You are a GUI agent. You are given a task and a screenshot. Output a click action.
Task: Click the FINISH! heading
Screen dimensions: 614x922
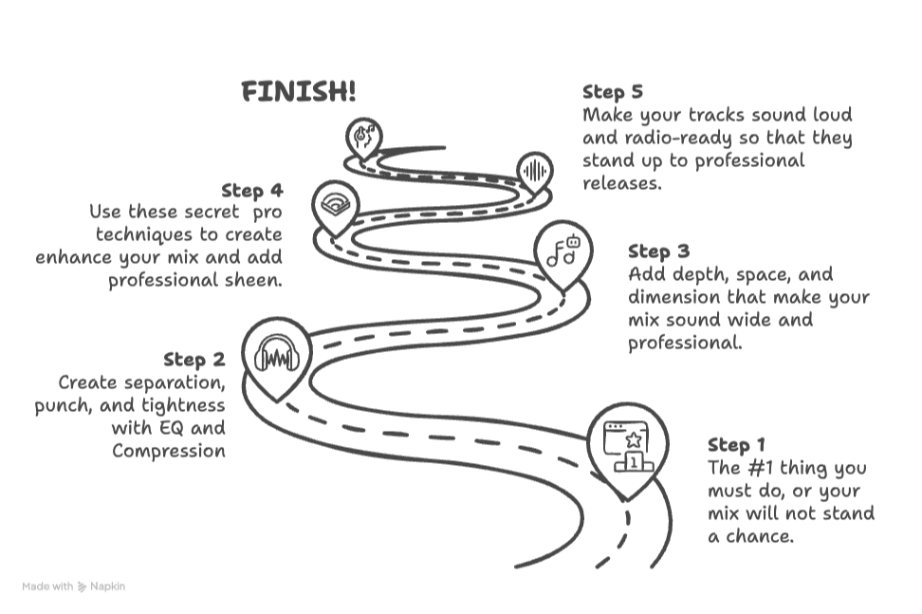(299, 92)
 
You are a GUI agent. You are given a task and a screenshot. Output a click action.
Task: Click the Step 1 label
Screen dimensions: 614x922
(736, 445)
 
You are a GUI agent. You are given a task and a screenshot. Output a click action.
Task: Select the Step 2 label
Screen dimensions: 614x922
(194, 360)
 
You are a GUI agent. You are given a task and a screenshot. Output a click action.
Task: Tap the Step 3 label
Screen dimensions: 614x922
(658, 251)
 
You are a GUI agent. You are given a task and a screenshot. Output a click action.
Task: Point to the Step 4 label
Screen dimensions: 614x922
(251, 191)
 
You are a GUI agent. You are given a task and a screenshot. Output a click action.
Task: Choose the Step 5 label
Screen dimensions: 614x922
(613, 92)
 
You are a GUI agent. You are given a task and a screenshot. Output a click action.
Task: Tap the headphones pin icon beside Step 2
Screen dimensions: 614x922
(277, 358)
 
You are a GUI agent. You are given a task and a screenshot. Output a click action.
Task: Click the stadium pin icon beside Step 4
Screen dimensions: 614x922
(334, 203)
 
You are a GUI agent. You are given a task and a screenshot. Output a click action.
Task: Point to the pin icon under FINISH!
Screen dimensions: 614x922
(362, 137)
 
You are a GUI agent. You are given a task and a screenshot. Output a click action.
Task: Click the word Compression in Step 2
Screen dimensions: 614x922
(169, 451)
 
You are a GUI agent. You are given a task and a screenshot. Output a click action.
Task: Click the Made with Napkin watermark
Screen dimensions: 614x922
(74, 586)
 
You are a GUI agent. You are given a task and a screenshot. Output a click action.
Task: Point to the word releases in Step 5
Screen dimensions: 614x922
(620, 183)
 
